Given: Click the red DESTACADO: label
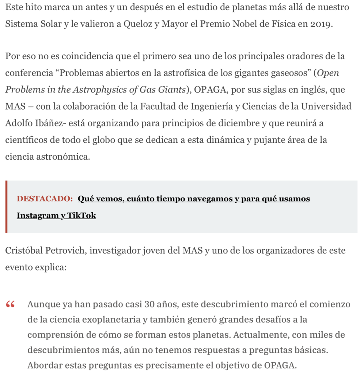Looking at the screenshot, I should (45, 199).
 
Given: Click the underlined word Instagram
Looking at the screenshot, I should (37, 216).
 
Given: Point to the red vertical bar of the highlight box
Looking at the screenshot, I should (6, 207).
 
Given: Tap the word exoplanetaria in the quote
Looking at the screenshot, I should (113, 320).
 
